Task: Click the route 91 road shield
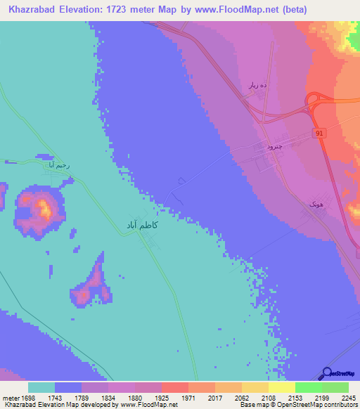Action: (319, 133)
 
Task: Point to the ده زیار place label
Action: (254, 85)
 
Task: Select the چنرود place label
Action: (259, 146)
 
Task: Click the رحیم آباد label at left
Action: (56, 165)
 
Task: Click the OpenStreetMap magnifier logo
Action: (327, 373)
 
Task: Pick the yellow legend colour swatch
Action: (281, 387)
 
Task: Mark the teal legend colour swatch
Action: (41, 387)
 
